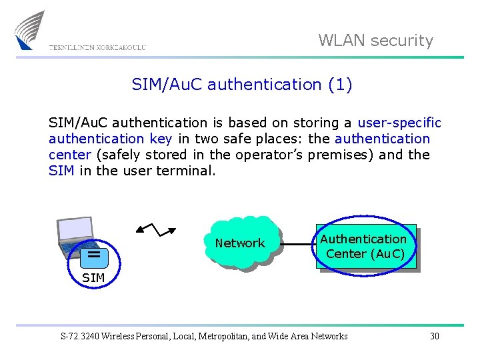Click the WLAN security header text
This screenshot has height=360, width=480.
click(375, 41)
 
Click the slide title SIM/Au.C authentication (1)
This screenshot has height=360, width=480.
click(242, 85)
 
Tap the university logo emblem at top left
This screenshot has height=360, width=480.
click(31, 30)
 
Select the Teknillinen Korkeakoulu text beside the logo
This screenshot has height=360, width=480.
click(97, 47)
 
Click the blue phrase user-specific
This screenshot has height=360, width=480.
click(399, 123)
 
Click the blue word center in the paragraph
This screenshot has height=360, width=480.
click(70, 155)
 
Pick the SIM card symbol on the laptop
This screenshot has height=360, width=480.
click(94, 254)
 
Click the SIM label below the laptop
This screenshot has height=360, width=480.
click(93, 277)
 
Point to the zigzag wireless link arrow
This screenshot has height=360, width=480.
click(155, 229)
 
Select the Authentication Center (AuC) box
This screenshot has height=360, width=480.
click(366, 247)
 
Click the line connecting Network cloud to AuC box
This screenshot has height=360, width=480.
click(296, 245)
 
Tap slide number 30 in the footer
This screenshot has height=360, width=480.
click(435, 336)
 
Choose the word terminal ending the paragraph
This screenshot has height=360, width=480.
click(186, 171)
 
